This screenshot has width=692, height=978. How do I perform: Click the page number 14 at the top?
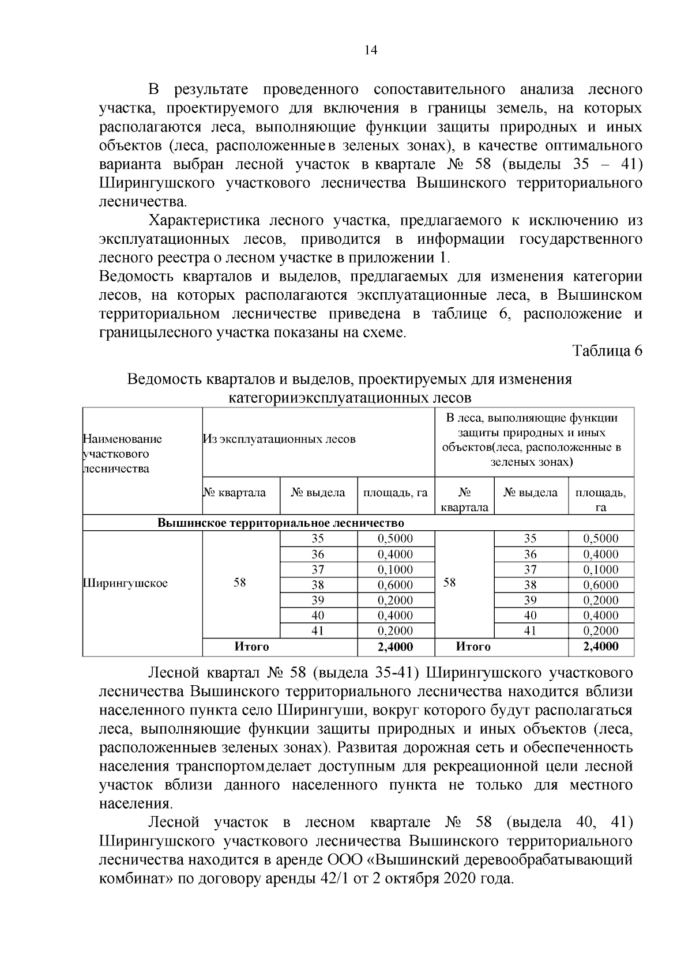pyautogui.click(x=370, y=51)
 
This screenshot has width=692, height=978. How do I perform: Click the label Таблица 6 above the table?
pyautogui.click(x=607, y=351)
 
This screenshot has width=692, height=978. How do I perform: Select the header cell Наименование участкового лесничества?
pyautogui.click(x=123, y=454)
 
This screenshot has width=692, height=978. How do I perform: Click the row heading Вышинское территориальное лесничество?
pyautogui.click(x=281, y=523)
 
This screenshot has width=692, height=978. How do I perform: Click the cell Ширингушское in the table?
pyautogui.click(x=126, y=583)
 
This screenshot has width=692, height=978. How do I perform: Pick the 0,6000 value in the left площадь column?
pyautogui.click(x=395, y=584)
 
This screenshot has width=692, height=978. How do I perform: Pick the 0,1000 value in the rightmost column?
pyautogui.click(x=601, y=569)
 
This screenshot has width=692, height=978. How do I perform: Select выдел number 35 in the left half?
pyautogui.click(x=318, y=539)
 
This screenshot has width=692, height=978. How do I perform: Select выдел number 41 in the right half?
pyautogui.click(x=531, y=630)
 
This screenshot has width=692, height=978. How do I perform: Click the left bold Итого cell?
pyautogui.click(x=251, y=647)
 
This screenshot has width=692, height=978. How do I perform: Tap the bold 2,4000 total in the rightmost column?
pyautogui.click(x=601, y=647)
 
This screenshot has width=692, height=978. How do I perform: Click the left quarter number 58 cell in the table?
pyautogui.click(x=240, y=583)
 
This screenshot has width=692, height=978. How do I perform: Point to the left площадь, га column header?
pyautogui.click(x=395, y=493)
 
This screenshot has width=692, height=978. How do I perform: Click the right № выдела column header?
pyautogui.click(x=531, y=493)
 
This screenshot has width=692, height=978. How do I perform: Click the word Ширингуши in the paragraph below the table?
pyautogui.click(x=322, y=710)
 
